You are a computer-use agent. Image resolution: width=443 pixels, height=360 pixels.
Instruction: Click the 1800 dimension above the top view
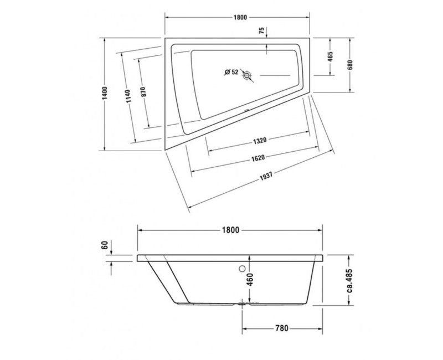(x=239, y=17)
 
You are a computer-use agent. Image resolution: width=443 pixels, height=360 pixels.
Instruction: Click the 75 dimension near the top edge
(x=261, y=32)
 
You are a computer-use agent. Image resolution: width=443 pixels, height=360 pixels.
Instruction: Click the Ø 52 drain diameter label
(x=231, y=72)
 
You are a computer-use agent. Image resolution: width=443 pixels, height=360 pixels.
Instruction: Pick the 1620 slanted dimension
(x=256, y=158)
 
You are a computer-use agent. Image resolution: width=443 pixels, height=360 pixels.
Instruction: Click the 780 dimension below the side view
(x=281, y=328)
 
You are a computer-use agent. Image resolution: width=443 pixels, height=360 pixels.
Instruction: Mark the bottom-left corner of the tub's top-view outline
(x=165, y=150)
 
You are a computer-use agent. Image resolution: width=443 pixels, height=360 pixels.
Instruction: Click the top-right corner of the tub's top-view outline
(x=311, y=39)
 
